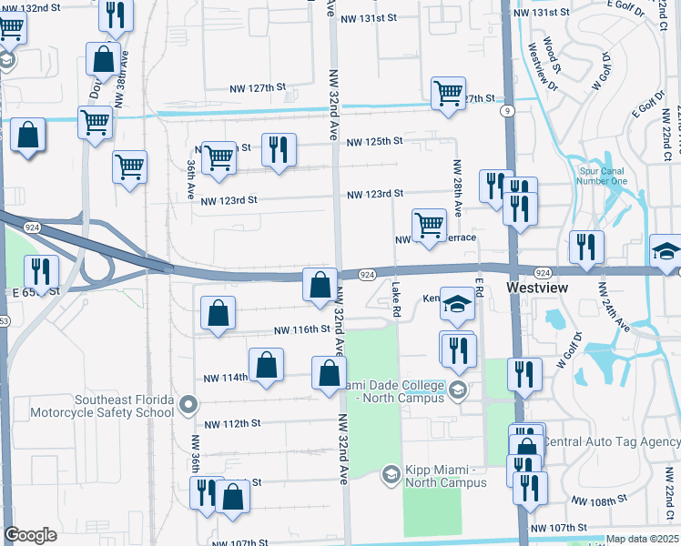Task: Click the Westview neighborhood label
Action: pos(536,288)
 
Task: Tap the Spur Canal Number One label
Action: pos(604,175)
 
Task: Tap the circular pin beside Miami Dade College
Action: pos(458,390)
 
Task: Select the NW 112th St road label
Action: pos(232,424)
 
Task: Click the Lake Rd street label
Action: pos(396,299)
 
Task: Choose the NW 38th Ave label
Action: pos(119,65)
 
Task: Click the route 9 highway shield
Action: pos(506,110)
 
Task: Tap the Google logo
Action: pos(30,535)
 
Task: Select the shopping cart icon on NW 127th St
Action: pos(448,94)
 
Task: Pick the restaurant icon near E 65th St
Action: pos(41,270)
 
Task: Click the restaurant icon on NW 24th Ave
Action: pos(586,247)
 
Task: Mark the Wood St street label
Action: pos(550,55)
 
